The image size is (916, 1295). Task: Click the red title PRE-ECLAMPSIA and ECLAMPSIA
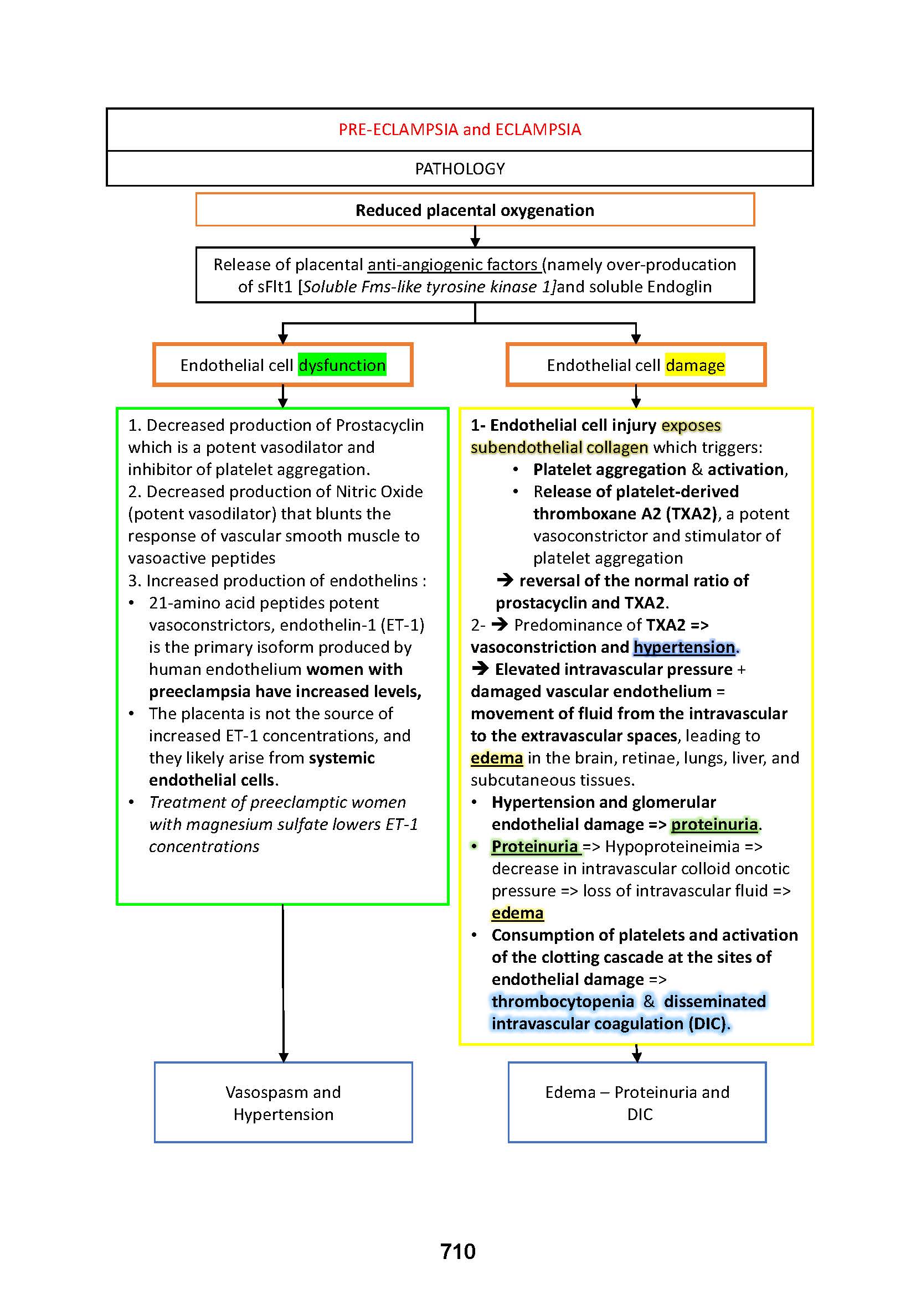tap(460, 130)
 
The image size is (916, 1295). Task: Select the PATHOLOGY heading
tap(460, 169)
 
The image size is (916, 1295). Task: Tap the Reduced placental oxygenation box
tap(475, 210)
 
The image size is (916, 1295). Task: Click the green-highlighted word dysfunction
tap(342, 365)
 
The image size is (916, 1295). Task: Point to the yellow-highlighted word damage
tap(694, 365)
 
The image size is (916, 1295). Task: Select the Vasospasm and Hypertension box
tap(283, 1103)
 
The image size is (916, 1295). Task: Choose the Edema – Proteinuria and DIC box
tap(637, 1103)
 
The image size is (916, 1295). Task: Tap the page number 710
tap(457, 1251)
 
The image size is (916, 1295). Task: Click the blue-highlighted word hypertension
tap(683, 647)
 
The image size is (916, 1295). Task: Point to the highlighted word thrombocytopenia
tap(562, 1001)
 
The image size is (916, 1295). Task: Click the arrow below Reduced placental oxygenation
tap(475, 236)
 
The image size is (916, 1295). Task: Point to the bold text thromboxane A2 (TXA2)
tap(625, 514)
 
